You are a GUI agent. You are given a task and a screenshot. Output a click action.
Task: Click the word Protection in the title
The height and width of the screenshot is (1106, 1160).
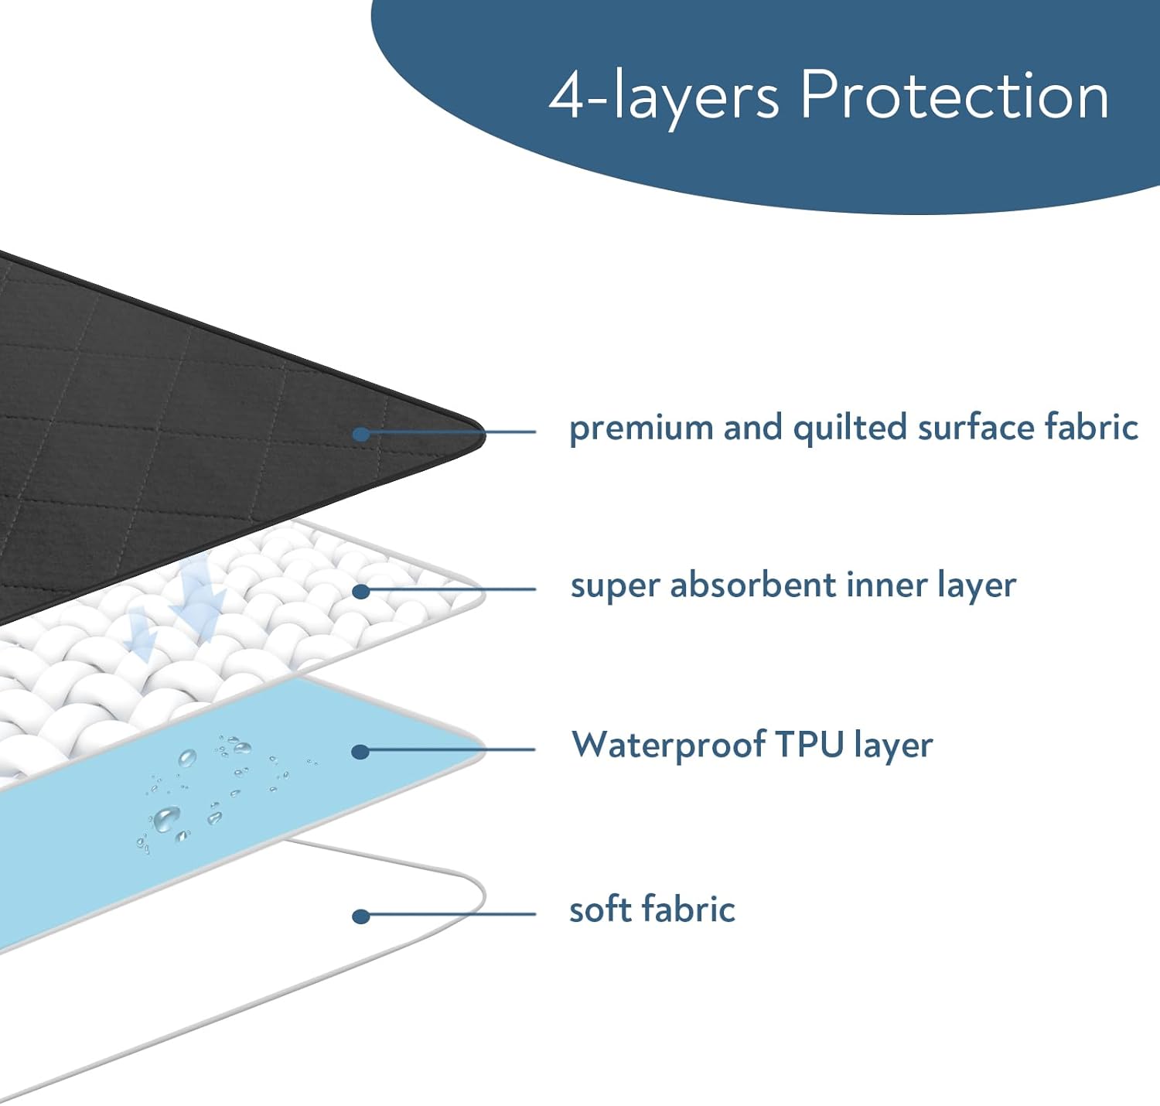click(x=954, y=96)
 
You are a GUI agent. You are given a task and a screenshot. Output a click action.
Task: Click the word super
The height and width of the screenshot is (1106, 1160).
click(x=614, y=586)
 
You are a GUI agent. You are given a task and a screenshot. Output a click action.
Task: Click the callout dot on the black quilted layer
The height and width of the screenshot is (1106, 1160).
click(x=360, y=434)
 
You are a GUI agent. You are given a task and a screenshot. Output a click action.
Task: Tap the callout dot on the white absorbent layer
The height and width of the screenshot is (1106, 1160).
click(x=360, y=592)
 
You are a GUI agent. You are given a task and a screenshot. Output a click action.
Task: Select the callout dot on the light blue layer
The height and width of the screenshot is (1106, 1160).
click(x=360, y=751)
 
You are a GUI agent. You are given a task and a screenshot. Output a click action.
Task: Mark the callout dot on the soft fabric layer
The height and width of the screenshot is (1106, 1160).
click(x=360, y=917)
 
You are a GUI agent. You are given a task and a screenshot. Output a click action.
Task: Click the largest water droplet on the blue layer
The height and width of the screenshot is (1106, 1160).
click(x=166, y=818)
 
